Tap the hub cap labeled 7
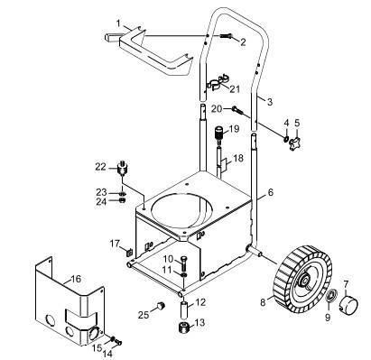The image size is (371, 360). pyautogui.click(x=349, y=305)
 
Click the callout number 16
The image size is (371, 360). pyautogui.click(x=76, y=279)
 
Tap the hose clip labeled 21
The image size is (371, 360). pyautogui.click(x=218, y=82)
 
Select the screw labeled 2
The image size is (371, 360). pyautogui.click(x=227, y=36)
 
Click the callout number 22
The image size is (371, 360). pyautogui.click(x=101, y=167)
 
